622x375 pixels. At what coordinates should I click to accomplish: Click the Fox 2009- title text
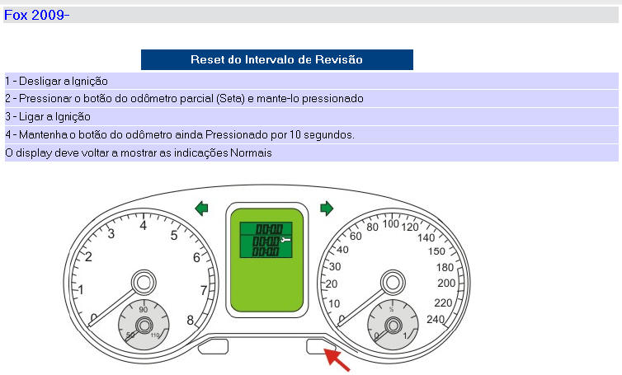pyautogui.click(x=36, y=15)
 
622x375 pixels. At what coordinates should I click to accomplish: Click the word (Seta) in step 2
pyautogui.click(x=230, y=98)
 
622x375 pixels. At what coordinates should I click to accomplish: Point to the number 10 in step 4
pyautogui.click(x=295, y=135)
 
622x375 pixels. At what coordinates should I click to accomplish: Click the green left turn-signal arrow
pyautogui.click(x=201, y=209)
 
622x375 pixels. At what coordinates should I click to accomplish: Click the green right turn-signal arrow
pyautogui.click(x=327, y=209)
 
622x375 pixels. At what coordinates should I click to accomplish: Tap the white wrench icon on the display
pyautogui.click(x=285, y=240)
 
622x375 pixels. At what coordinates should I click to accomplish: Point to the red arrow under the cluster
pyautogui.click(x=337, y=360)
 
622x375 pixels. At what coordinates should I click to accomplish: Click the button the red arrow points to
pyautogui.click(x=321, y=346)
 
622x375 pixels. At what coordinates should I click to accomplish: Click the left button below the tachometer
pyautogui.click(x=213, y=346)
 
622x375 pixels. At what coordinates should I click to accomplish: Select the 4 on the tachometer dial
pyautogui.click(x=144, y=226)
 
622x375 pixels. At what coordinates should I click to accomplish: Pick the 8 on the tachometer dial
pyautogui.click(x=191, y=320)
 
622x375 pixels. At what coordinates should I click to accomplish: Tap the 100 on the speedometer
pyautogui.click(x=391, y=223)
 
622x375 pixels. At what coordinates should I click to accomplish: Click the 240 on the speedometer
pyautogui.click(x=436, y=320)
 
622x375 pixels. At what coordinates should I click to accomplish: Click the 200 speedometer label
pyautogui.click(x=446, y=283)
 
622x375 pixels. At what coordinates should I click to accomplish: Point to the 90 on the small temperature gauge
pyautogui.click(x=144, y=309)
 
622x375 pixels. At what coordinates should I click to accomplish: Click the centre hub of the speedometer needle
pyautogui.click(x=393, y=283)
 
